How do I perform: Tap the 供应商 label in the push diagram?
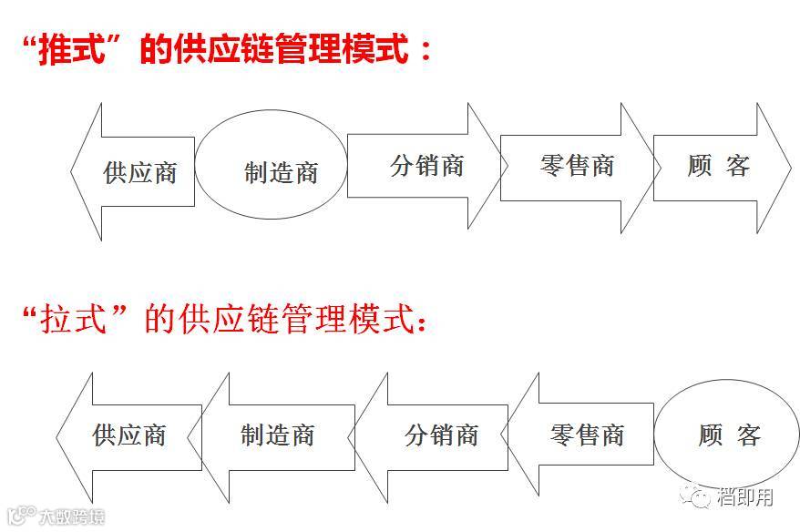pyautogui.click(x=139, y=172)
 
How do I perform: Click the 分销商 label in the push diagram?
pyautogui.click(x=426, y=166)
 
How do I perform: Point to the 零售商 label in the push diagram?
pyautogui.click(x=577, y=166)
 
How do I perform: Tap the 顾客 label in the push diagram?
pyautogui.click(x=718, y=166)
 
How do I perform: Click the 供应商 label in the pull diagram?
pyautogui.click(x=128, y=435)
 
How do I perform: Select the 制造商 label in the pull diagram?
pyautogui.click(x=277, y=435)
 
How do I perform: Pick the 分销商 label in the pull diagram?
pyautogui.click(x=441, y=435)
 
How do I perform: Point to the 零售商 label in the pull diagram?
pyautogui.click(x=587, y=435)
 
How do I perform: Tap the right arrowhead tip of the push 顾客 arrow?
pyautogui.click(x=790, y=168)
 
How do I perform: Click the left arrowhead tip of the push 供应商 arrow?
pyautogui.click(x=72, y=171)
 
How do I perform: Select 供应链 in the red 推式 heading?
pyautogui.click(x=233, y=49)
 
